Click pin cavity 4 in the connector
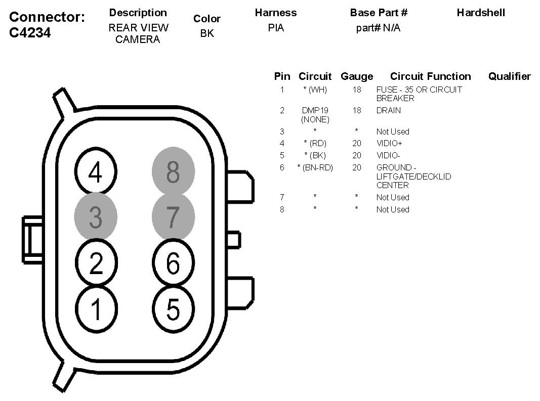(x=96, y=173)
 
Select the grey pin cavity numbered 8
(x=173, y=173)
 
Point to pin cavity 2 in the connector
(x=96, y=263)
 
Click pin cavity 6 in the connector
(x=173, y=263)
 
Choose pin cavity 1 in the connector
(x=96, y=308)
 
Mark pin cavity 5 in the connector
(x=173, y=308)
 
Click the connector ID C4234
(x=31, y=33)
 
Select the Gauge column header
(x=357, y=76)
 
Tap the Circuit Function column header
(x=430, y=76)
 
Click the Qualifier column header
(x=509, y=76)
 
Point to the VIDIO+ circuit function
(x=389, y=144)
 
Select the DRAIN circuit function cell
(x=388, y=110)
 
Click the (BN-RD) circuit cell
(x=315, y=167)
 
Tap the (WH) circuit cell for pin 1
(x=315, y=90)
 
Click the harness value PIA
(x=276, y=28)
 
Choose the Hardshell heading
(x=480, y=13)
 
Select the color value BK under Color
(x=207, y=34)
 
